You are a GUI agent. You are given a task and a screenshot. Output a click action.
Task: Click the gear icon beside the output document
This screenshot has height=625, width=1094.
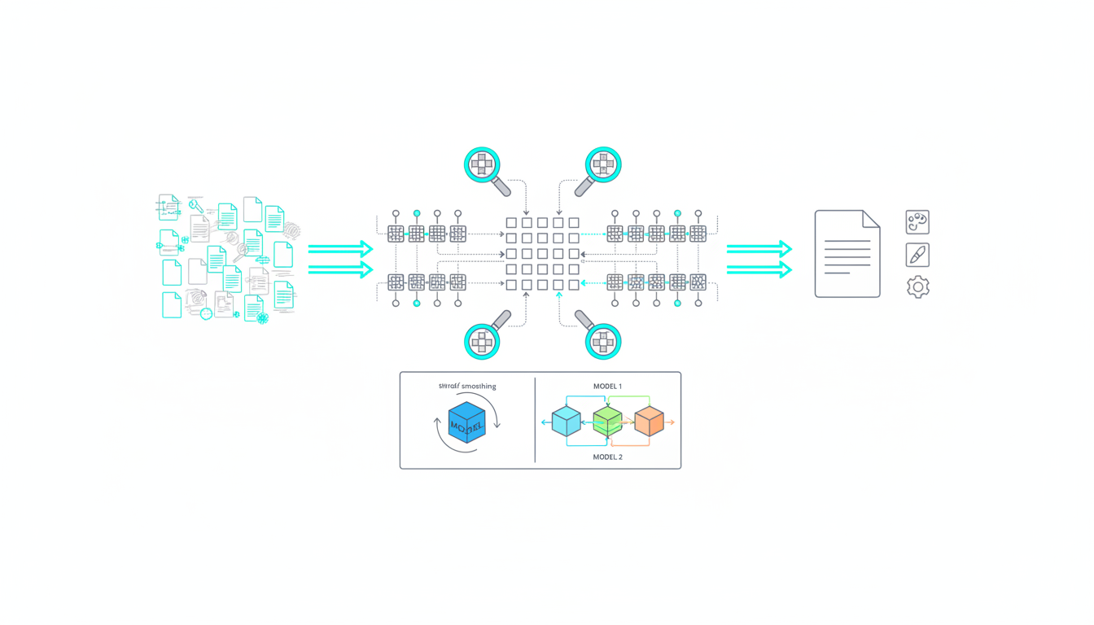(917, 286)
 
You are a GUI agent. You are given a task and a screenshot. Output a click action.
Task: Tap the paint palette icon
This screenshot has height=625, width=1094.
(917, 222)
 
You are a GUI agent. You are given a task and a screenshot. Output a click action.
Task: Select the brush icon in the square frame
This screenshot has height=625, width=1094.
(917, 255)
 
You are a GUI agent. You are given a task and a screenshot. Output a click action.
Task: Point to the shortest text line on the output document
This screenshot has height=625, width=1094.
(837, 273)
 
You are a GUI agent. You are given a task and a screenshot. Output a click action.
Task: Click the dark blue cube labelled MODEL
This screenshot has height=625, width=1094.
(466, 423)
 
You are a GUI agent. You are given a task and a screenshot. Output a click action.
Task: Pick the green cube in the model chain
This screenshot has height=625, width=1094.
(607, 422)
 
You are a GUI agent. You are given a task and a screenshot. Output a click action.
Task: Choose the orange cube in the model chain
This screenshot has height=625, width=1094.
(649, 422)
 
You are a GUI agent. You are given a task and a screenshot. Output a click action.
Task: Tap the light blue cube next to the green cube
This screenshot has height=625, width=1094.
(566, 422)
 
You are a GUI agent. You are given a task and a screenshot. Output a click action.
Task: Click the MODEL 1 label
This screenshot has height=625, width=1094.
(607, 386)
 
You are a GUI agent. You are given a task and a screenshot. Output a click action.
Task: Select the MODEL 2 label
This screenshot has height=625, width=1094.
(607, 457)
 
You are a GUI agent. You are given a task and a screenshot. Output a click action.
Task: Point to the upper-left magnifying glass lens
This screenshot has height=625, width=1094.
(484, 164)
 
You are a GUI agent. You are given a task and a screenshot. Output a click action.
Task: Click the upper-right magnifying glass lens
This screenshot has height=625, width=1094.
(603, 164)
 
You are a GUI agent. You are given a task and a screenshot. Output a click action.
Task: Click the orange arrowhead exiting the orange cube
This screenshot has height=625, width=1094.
(672, 423)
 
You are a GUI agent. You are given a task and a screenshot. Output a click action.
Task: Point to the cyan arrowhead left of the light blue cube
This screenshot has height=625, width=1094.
(544, 423)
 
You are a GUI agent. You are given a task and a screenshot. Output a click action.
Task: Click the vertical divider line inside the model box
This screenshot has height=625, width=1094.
(535, 420)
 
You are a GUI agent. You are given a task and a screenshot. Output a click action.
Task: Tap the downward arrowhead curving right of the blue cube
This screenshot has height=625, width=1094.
(497, 425)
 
